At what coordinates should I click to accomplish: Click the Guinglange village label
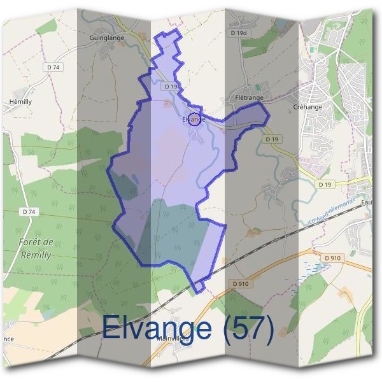click(x=107, y=38)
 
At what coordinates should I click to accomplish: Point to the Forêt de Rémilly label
click(x=36, y=248)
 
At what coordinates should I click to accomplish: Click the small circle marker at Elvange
click(x=195, y=117)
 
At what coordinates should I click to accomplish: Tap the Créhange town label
click(x=308, y=107)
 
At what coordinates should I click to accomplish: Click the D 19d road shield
click(x=239, y=32)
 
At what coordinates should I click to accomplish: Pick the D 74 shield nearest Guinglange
click(x=53, y=66)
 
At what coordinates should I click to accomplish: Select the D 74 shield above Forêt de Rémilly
click(x=28, y=211)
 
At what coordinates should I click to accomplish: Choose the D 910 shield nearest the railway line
click(x=240, y=283)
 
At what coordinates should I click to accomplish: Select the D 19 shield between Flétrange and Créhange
click(x=272, y=139)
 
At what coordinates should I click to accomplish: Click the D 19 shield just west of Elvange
click(x=170, y=86)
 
